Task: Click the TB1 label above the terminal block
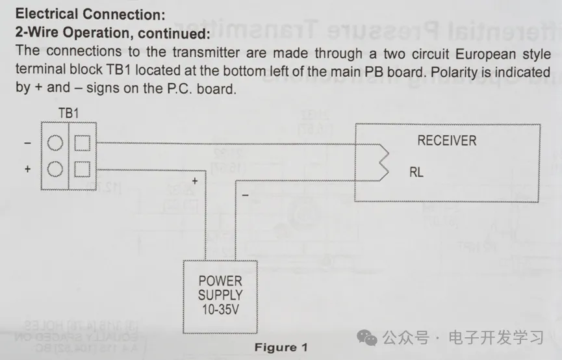[68, 113]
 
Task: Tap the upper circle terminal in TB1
[56, 142]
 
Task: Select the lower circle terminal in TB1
[56, 169]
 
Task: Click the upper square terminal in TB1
[82, 142]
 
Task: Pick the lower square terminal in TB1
[82, 169]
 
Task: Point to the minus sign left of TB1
[27, 142]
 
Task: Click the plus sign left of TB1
[27, 169]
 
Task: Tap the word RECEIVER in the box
[446, 140]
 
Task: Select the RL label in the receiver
[416, 173]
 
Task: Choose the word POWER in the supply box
[220, 281]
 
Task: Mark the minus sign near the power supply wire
[244, 194]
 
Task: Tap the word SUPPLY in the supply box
[220, 295]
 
